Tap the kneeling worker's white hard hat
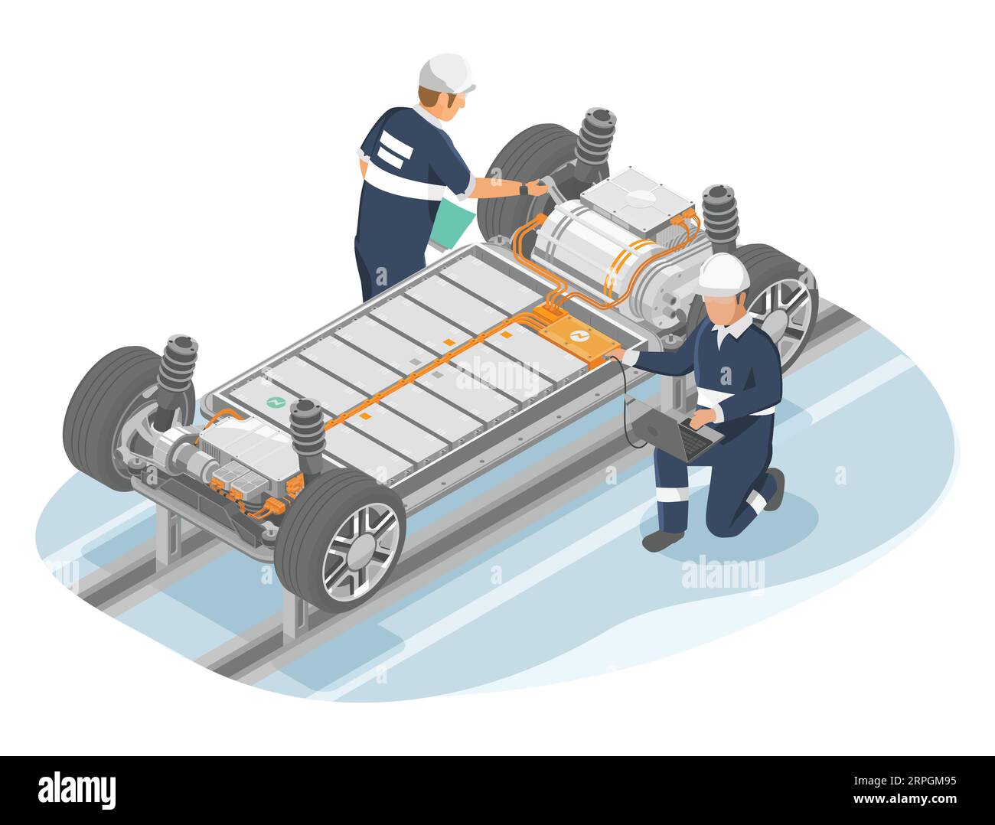723,272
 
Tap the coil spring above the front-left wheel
307,429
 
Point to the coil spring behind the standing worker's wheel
596,135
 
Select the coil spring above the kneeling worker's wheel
719,214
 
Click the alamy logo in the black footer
77,789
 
